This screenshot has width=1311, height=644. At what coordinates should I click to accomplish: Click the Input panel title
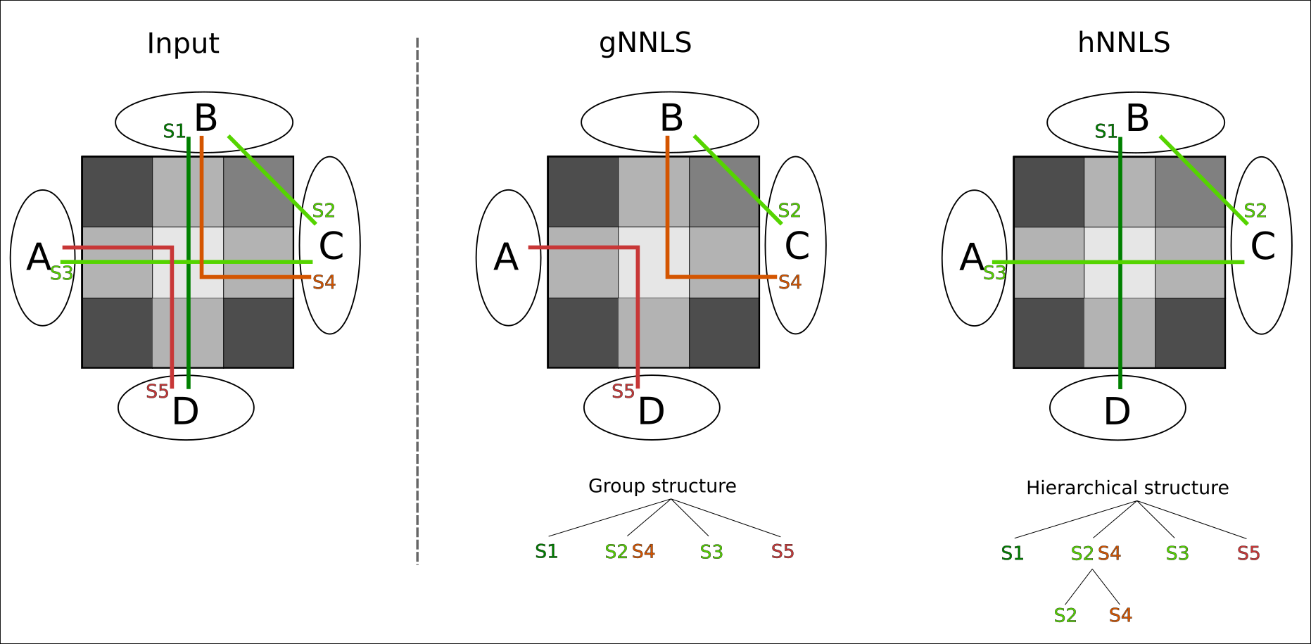[x=183, y=44]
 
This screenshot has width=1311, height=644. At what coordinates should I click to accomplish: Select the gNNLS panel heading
[x=645, y=44]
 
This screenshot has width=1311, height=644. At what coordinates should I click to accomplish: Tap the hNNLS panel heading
[x=1124, y=44]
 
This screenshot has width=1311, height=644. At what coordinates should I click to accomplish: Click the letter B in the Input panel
[x=205, y=118]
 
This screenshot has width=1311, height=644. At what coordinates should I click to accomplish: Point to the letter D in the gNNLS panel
[x=651, y=412]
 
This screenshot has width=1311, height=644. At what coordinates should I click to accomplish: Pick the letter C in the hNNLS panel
[x=1262, y=247]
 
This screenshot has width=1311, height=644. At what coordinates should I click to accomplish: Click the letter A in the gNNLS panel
[x=506, y=258]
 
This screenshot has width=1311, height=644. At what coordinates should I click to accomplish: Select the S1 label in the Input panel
[x=174, y=132]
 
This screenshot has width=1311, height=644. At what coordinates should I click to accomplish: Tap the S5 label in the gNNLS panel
[x=623, y=391]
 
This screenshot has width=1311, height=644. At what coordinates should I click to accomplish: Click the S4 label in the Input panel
[x=324, y=283]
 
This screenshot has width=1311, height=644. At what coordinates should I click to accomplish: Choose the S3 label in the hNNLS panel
[x=994, y=273]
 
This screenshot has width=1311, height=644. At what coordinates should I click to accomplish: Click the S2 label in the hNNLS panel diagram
[x=1255, y=211]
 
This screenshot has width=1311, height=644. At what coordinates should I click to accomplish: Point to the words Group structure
[x=662, y=486]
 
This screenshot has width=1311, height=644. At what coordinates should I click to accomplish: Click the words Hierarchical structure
[x=1127, y=488]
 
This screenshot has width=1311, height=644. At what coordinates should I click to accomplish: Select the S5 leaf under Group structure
[x=783, y=552]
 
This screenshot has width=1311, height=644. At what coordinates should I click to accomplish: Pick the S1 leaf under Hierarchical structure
[x=1012, y=554]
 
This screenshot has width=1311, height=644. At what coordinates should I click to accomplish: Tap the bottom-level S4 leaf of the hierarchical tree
[x=1120, y=616]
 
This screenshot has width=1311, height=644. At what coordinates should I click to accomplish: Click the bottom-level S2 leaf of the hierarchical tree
[x=1065, y=616]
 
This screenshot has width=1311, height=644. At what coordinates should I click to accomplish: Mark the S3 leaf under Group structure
[x=711, y=553]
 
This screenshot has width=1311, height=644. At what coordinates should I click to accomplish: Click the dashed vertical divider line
[x=417, y=303]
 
